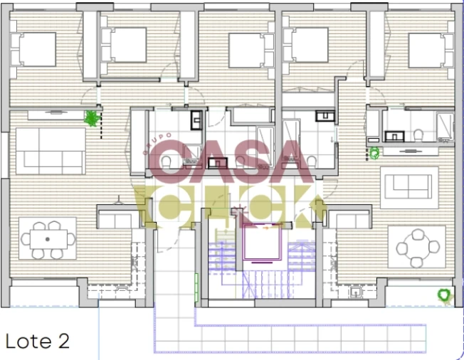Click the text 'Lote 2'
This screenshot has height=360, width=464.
tap(38, 341)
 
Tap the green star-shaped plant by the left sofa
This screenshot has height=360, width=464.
tap(91, 118)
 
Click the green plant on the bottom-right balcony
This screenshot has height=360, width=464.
tap(444, 294)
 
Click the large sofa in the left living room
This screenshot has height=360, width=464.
tap(48, 151)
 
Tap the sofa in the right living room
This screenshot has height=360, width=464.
tap(409, 186)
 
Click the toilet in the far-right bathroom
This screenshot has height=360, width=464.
tap(421, 133)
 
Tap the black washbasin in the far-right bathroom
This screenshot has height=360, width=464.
tap(394, 134)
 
